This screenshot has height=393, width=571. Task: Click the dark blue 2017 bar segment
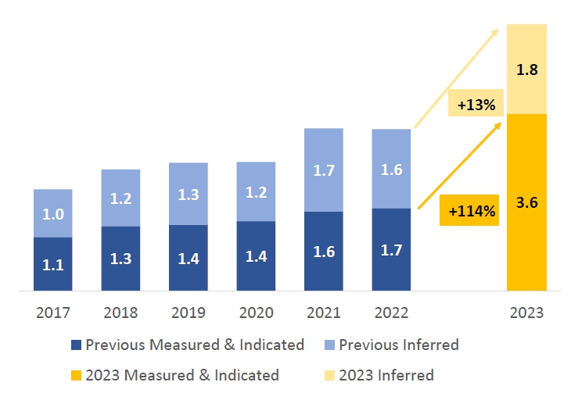click(x=53, y=264)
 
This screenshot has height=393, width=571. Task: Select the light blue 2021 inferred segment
click(x=323, y=170)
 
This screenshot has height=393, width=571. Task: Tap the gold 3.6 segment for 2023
click(x=526, y=202)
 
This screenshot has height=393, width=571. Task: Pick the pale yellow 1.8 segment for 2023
click(x=526, y=69)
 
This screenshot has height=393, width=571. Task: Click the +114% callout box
click(x=469, y=210)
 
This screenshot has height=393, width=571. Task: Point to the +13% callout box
click(x=476, y=102)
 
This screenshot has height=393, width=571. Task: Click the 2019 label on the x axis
click(x=189, y=313)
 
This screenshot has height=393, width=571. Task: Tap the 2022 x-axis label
click(x=391, y=313)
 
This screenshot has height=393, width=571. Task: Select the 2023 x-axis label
click(x=526, y=313)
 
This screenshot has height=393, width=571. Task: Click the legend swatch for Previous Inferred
click(x=329, y=345)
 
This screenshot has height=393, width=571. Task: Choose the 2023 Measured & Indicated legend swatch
click(x=76, y=375)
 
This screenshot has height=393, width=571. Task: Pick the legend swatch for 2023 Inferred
click(x=329, y=375)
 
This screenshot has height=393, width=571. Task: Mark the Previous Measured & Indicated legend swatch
click(x=76, y=345)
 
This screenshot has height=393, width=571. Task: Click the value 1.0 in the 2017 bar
click(x=53, y=214)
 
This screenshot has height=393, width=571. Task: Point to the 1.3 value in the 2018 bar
click(x=120, y=259)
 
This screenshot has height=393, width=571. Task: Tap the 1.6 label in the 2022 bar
click(x=391, y=170)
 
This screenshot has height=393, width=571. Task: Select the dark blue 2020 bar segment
click(x=256, y=255)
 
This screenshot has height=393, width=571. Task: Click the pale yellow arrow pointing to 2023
click(x=456, y=78)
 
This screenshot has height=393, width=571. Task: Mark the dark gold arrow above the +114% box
click(x=460, y=166)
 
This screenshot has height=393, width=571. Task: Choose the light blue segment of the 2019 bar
click(x=189, y=194)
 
